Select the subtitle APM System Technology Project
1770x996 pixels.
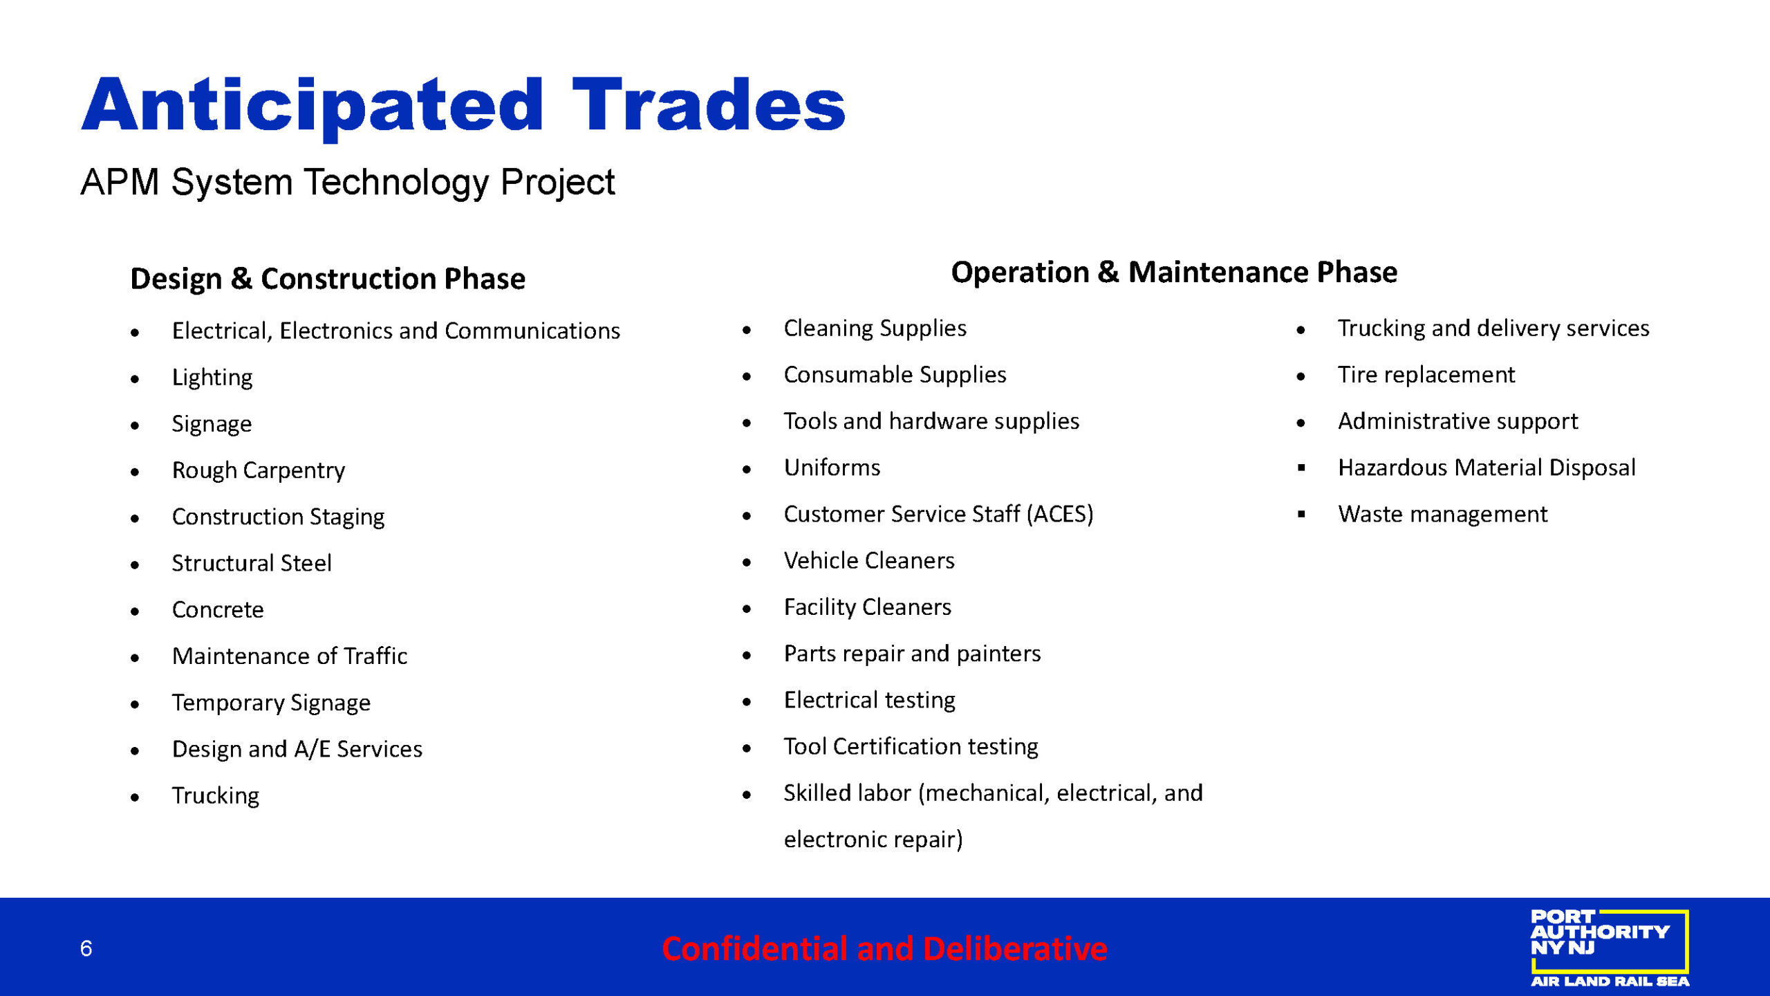[x=347, y=183]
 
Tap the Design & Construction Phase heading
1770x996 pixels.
[x=328, y=279]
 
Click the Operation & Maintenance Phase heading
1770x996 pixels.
[x=1174, y=273]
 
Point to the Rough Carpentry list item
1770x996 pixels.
[x=259, y=470]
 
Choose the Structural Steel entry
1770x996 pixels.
[x=252, y=563]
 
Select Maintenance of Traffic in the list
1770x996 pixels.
[x=290, y=656]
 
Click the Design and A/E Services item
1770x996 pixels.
[x=297, y=749]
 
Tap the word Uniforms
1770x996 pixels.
[x=832, y=468]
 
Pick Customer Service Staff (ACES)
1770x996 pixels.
[x=938, y=514]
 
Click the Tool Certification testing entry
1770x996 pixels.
[x=911, y=746]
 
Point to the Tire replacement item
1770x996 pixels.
[x=1426, y=375]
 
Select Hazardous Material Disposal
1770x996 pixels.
[x=1487, y=468]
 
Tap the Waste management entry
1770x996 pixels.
[x=1442, y=514]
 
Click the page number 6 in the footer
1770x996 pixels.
[x=86, y=948]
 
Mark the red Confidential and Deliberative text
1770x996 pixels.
[x=884, y=948]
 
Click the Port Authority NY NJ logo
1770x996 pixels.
[x=1610, y=948]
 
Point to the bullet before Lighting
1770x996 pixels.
[x=135, y=379]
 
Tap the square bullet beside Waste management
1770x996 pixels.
[x=1301, y=514]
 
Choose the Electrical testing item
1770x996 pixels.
[x=869, y=700]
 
